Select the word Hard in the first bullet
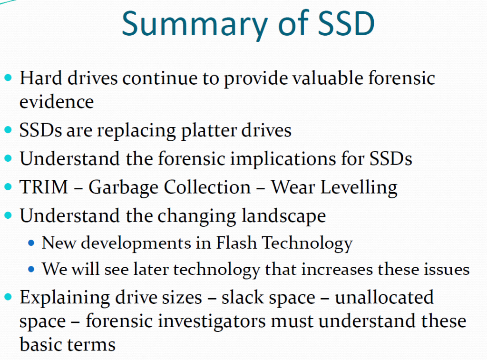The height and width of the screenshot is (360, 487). point(41,78)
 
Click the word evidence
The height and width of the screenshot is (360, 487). point(57,102)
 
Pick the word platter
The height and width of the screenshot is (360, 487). point(208,130)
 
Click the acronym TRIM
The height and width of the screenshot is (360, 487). point(43,187)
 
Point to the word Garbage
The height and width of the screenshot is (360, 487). point(123,188)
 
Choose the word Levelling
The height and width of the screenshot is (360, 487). point(359,188)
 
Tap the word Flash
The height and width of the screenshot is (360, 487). point(236,243)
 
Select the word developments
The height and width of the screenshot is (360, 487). point(136,243)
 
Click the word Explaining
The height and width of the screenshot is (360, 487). point(65,298)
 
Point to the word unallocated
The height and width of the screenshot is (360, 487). point(384,297)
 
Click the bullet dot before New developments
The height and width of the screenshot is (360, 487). point(31,243)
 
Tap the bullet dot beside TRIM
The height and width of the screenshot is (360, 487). point(8,187)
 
